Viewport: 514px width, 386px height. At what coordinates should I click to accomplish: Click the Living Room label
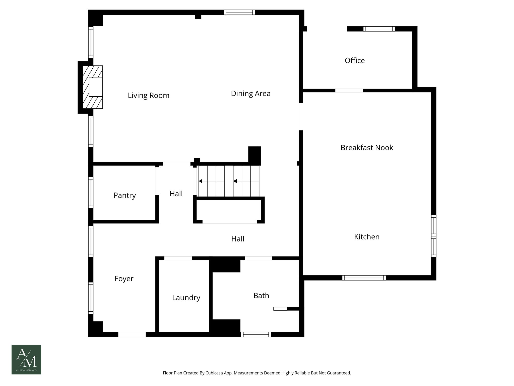click(x=149, y=95)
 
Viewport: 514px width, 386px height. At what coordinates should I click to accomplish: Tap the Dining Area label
click(x=250, y=93)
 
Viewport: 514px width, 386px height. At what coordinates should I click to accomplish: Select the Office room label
click(x=354, y=61)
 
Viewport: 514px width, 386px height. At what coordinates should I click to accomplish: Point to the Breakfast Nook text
click(x=366, y=148)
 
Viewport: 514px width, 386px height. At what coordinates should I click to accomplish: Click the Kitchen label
click(x=366, y=237)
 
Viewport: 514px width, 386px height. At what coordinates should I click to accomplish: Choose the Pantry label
click(x=124, y=195)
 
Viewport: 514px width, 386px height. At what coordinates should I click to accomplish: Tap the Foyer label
click(x=124, y=278)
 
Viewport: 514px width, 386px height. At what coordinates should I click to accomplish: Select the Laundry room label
click(x=186, y=298)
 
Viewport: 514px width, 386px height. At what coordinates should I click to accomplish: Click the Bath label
click(x=261, y=296)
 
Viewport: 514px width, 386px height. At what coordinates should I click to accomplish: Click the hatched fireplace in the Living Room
click(x=93, y=87)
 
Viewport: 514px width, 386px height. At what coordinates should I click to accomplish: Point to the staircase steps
click(x=228, y=181)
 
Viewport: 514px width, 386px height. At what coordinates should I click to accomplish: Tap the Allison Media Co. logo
click(x=26, y=360)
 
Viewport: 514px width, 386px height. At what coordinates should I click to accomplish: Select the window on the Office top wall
click(x=379, y=29)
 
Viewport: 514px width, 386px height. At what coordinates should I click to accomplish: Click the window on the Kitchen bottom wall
click(x=364, y=278)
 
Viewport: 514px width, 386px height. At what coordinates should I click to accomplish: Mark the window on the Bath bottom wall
click(x=256, y=334)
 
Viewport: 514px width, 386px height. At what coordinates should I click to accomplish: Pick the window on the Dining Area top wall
click(x=239, y=12)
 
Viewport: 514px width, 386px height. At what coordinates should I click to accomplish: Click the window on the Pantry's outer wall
click(x=91, y=193)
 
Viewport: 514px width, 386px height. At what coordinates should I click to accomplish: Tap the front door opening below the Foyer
click(x=132, y=334)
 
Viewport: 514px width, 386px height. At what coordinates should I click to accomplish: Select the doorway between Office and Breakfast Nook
click(x=349, y=90)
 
